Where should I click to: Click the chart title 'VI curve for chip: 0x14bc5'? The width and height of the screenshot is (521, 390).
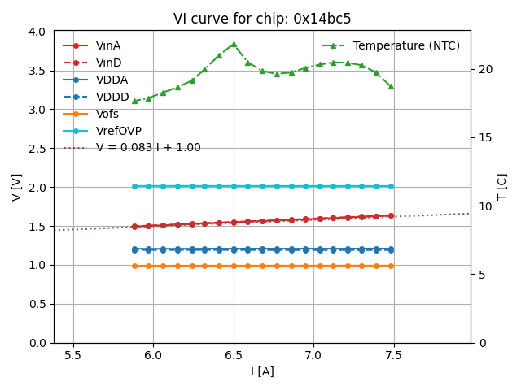[262, 19]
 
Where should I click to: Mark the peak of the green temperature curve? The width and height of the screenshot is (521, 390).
[234, 44]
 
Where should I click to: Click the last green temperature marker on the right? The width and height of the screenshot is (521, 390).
[391, 86]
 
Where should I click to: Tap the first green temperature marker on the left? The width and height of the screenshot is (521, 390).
[134, 101]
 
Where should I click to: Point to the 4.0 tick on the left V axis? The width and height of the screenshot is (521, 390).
[37, 32]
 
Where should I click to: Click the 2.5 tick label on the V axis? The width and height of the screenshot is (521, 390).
[37, 149]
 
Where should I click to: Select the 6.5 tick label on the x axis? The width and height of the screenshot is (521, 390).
[234, 355]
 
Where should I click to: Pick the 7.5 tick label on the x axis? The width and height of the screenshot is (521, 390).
[394, 355]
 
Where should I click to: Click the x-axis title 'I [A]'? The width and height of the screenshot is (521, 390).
[262, 371]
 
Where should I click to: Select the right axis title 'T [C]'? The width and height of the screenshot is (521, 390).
[501, 187]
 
